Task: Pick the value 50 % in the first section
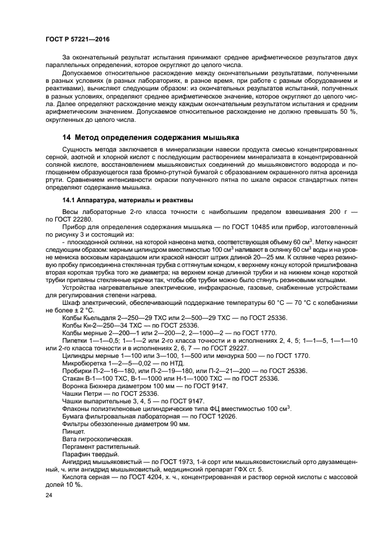(350, 111)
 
